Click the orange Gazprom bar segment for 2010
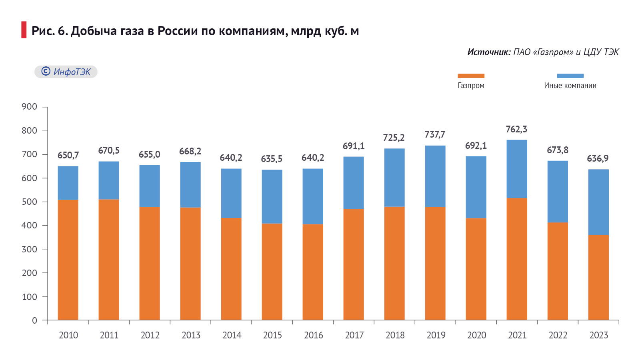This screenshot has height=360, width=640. tap(68, 260)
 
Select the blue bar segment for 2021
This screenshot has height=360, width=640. tap(517, 169)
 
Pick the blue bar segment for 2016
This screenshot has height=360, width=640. tap(313, 196)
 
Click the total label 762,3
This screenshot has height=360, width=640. tap(516, 129)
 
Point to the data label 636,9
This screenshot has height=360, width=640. tap(598, 158)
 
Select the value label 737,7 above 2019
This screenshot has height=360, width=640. tap(435, 134)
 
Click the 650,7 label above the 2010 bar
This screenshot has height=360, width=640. tap(68, 155)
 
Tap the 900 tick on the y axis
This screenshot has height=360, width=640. tap(29, 107)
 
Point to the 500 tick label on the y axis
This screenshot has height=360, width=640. tap(29, 202)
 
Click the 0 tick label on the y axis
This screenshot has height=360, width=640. tap(34, 320)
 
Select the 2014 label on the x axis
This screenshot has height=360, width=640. tap(232, 335)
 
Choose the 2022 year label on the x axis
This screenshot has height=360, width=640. tap(558, 335)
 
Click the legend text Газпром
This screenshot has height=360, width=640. tap(471, 86)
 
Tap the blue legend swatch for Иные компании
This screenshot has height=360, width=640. tap(570, 76)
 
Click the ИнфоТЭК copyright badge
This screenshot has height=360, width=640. tap(66, 72)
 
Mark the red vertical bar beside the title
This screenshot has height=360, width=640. tap(24, 30)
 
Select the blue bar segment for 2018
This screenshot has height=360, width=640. tap(394, 178)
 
